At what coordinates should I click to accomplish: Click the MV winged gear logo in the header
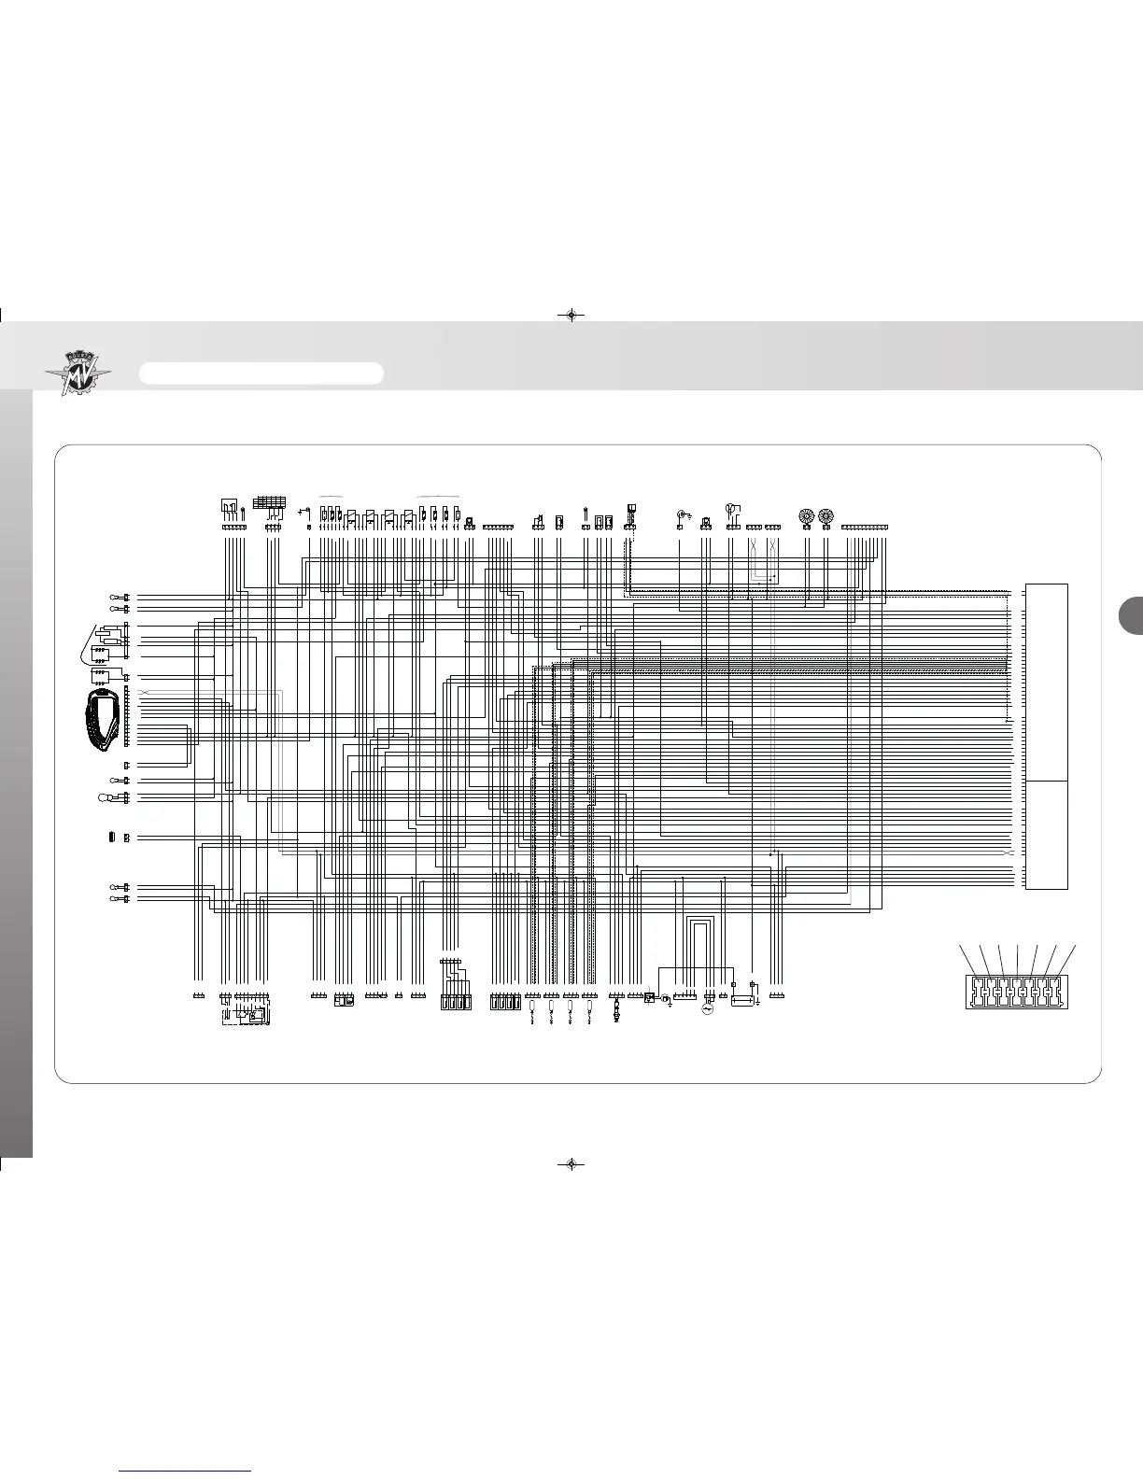(x=78, y=373)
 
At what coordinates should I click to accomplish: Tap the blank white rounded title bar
(x=261, y=373)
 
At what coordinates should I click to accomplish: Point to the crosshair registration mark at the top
(x=571, y=315)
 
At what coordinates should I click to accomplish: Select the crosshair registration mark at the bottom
(x=571, y=1164)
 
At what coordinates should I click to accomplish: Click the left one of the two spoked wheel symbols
(x=806, y=515)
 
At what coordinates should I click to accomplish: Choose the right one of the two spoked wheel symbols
(x=825, y=515)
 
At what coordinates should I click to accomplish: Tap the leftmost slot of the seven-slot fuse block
(x=975, y=990)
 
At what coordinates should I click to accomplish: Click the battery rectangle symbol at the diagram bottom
(x=743, y=1001)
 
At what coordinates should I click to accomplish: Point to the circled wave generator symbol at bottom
(x=707, y=1010)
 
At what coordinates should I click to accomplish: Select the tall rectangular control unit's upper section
(x=1046, y=682)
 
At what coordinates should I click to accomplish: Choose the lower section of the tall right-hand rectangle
(x=1046, y=835)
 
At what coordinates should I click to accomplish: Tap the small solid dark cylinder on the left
(x=111, y=838)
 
